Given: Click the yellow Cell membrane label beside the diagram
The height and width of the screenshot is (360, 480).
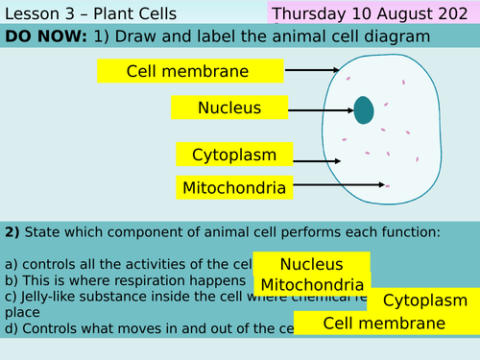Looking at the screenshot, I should click(x=190, y=71).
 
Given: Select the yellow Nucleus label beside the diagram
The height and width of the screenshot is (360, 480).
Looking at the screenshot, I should click(x=228, y=108).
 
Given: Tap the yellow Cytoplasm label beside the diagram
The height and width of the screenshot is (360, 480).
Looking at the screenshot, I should click(x=234, y=155).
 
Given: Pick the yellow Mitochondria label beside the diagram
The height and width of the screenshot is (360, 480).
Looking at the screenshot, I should click(x=233, y=187).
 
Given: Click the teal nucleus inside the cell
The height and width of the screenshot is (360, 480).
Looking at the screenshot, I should click(x=364, y=110).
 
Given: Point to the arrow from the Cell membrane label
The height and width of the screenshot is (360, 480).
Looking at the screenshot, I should click(x=311, y=70).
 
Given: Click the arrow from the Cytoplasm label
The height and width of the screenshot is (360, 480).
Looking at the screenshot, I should click(x=325, y=155).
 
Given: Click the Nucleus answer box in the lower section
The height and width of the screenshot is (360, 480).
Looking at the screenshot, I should click(x=311, y=264).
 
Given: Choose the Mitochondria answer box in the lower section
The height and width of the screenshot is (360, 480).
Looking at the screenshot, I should click(x=312, y=284).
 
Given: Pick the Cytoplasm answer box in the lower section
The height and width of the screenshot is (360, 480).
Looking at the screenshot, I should click(x=423, y=300).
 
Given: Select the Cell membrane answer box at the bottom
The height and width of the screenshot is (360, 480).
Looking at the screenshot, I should click(x=386, y=324).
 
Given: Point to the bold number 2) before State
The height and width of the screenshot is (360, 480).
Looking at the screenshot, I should click(x=12, y=231).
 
